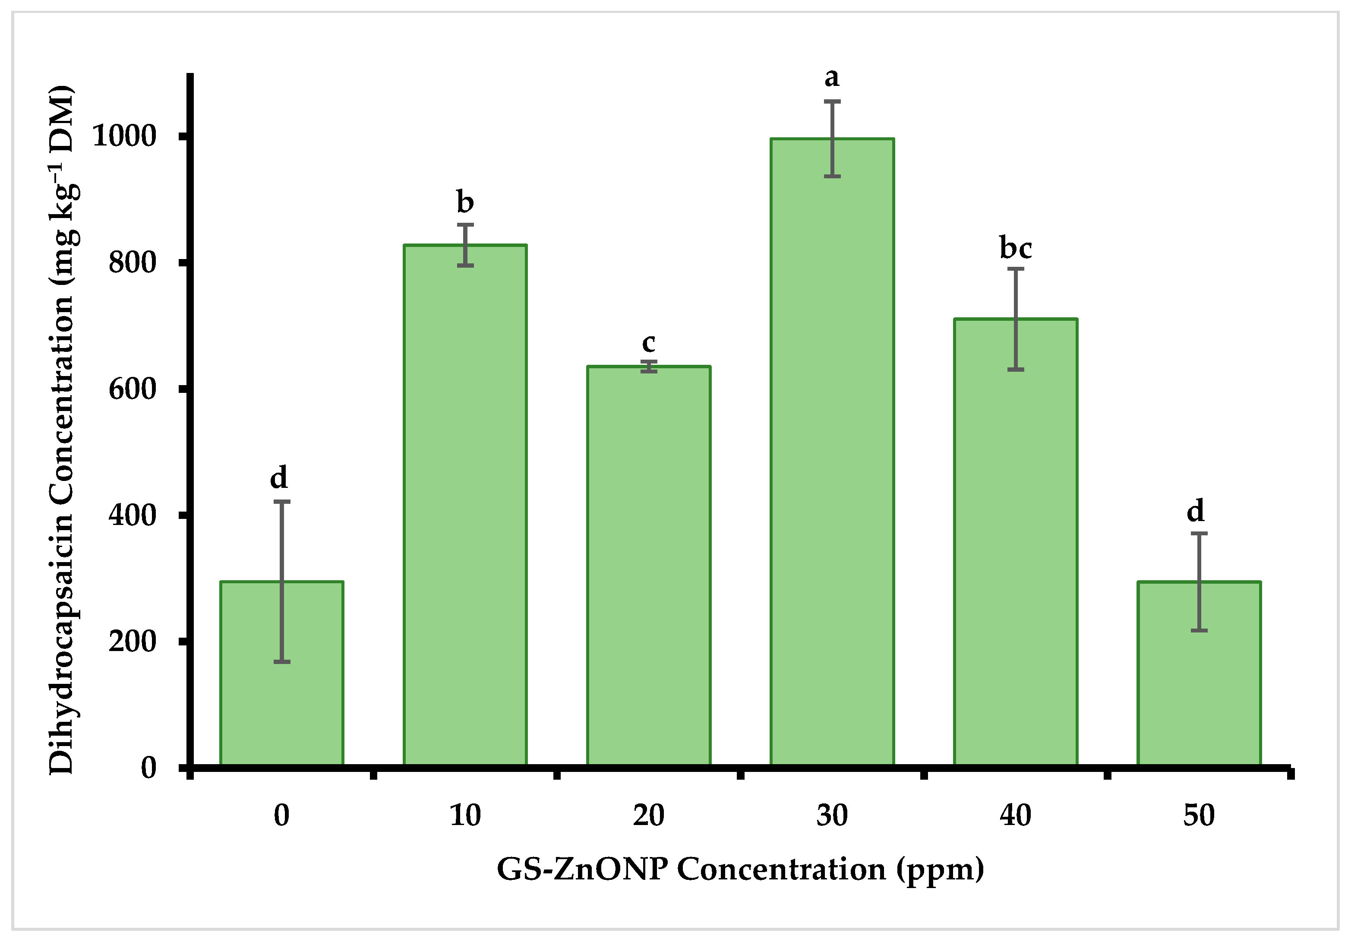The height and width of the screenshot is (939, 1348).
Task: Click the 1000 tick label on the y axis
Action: (x=124, y=136)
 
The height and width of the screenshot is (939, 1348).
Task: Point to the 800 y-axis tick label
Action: (x=133, y=262)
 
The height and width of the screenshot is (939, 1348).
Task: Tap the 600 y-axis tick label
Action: (x=133, y=389)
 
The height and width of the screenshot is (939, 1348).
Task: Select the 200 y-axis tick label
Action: (x=133, y=641)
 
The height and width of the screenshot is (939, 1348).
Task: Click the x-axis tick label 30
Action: (x=832, y=816)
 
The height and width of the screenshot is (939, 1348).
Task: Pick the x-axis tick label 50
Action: (x=1199, y=816)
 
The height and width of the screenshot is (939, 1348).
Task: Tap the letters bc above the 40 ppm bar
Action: (x=1016, y=248)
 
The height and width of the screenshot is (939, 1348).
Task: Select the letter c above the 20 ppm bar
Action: (x=649, y=342)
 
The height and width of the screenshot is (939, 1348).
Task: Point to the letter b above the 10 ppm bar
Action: (x=465, y=202)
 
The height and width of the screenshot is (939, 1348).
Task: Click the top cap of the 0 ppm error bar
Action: (x=282, y=502)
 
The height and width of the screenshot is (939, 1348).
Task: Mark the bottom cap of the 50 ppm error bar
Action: (x=1199, y=631)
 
